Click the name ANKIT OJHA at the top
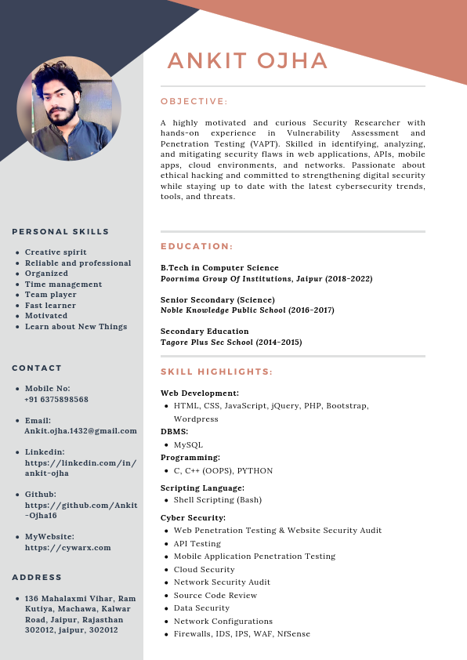click(x=248, y=61)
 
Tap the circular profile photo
click(x=69, y=109)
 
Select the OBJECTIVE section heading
click(x=194, y=101)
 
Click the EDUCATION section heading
click(x=197, y=246)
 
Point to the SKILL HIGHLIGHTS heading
click(x=216, y=372)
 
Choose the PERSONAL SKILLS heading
click(x=60, y=231)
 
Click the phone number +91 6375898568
click(x=56, y=399)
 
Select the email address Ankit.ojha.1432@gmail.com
click(x=81, y=430)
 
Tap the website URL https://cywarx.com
click(x=68, y=547)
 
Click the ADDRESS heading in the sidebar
click(x=37, y=577)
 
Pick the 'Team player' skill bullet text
click(x=51, y=295)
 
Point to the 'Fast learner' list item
click(x=50, y=306)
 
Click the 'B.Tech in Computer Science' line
click(x=219, y=268)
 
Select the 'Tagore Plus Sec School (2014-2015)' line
click(x=231, y=343)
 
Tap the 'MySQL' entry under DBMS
click(x=188, y=444)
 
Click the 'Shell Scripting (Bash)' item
click(x=218, y=499)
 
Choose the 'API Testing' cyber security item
click(x=197, y=543)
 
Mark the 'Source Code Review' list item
click(x=215, y=595)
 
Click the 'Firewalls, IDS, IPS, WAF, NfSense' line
click(x=242, y=633)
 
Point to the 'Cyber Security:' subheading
click(x=193, y=517)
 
